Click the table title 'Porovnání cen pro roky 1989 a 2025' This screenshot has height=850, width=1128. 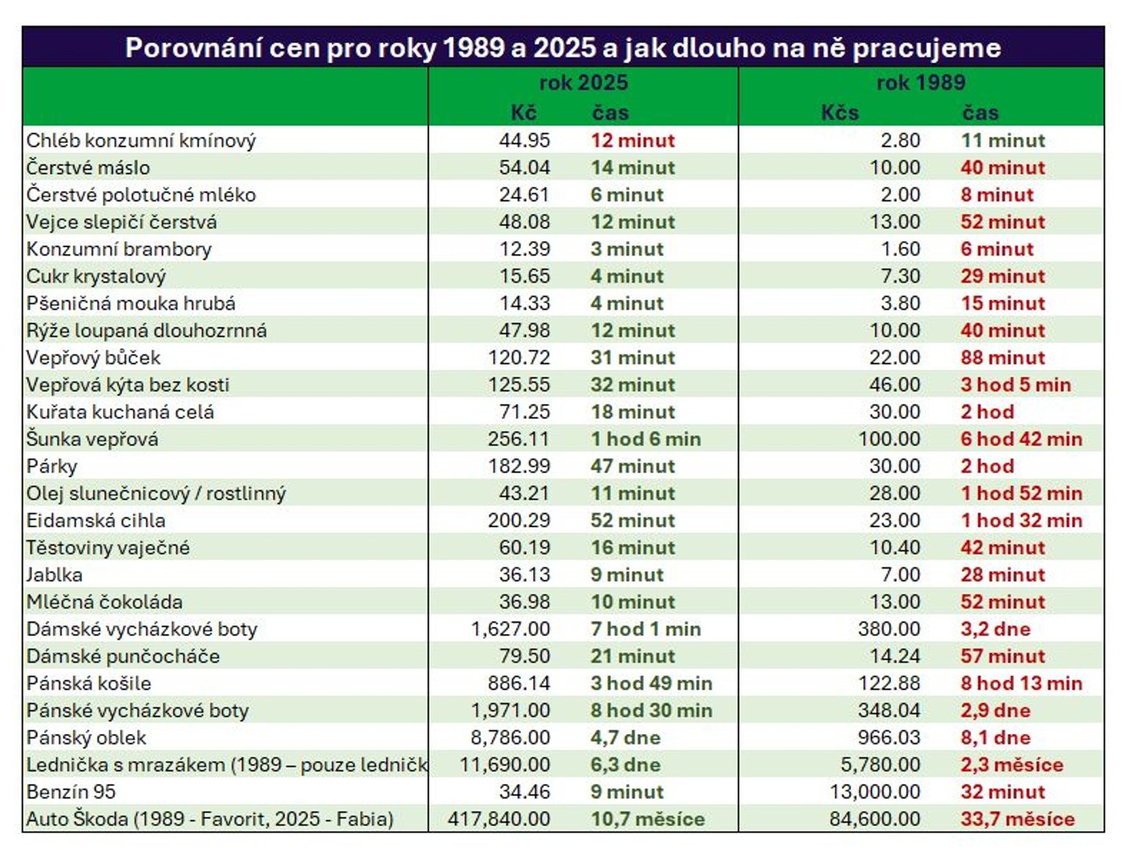[x=563, y=47]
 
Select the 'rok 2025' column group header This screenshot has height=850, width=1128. [x=583, y=83]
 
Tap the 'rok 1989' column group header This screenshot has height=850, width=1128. [x=920, y=83]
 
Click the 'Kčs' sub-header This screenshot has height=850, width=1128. [x=840, y=113]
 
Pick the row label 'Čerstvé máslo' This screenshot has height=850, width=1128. [x=88, y=167]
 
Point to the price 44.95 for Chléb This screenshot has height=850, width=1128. [x=524, y=140]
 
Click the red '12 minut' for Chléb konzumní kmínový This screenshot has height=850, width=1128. [x=632, y=140]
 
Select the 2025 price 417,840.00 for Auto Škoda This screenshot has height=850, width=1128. [x=499, y=819]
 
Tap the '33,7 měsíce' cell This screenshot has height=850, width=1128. [x=1017, y=819]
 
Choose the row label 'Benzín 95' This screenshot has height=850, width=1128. [x=71, y=792]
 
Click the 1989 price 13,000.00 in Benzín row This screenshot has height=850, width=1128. [x=874, y=792]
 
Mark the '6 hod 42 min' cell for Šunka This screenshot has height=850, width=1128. [x=1021, y=439]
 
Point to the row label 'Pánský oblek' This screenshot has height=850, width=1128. [x=86, y=737]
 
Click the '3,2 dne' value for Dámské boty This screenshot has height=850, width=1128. [x=995, y=629]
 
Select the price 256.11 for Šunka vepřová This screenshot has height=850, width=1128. [x=518, y=439]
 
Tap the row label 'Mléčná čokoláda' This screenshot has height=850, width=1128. [x=104, y=602]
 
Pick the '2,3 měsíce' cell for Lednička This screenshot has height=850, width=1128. [x=1011, y=765]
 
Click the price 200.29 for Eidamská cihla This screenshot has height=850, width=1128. [x=518, y=521]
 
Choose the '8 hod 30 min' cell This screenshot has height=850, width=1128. [x=651, y=710]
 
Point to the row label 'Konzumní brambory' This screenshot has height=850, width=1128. [x=119, y=249]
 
